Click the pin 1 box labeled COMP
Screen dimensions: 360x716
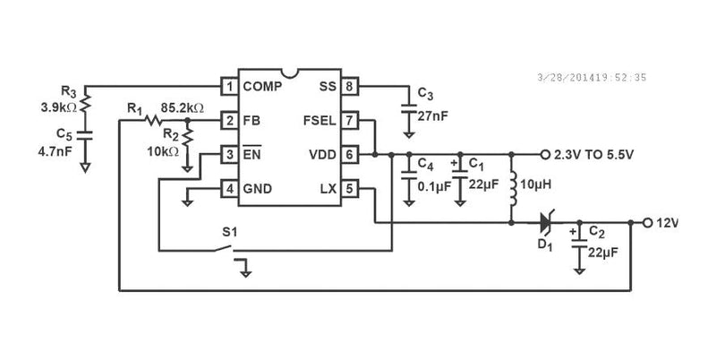click(229, 87)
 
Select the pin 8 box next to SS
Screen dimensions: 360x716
click(349, 87)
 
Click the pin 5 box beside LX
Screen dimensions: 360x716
click(349, 188)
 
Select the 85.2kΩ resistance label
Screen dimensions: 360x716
click(182, 107)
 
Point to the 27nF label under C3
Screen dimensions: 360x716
click(434, 114)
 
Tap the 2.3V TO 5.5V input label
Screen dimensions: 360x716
click(593, 154)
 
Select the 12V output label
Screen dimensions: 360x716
click(669, 222)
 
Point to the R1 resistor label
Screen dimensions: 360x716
click(134, 107)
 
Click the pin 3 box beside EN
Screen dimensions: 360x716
click(229, 154)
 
